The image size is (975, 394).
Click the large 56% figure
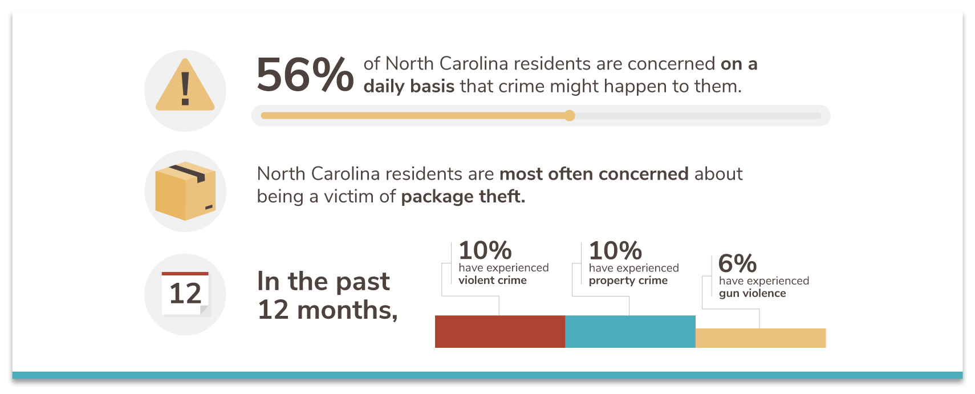click(304, 75)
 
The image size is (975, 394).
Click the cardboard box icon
click(185, 192)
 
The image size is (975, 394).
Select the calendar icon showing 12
click(185, 294)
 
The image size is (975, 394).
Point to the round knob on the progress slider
click(570, 116)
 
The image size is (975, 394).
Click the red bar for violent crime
click(499, 331)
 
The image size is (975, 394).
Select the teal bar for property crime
click(630, 331)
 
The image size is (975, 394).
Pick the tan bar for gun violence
click(760, 338)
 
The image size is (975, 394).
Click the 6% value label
click(737, 263)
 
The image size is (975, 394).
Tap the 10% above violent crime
click(485, 250)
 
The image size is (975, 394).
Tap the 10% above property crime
click(615, 250)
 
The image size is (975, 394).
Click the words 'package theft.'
click(462, 197)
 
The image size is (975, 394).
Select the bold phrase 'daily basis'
click(409, 86)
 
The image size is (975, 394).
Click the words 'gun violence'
click(752, 293)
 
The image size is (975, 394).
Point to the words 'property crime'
click(628, 281)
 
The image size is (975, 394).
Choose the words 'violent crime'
click(492, 280)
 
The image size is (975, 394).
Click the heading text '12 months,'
click(327, 310)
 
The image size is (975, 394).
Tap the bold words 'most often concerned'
click(594, 173)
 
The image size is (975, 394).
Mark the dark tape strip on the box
click(188, 173)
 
